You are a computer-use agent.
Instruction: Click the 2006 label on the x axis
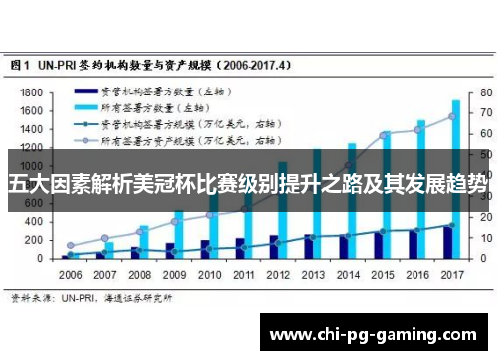pos(71,273)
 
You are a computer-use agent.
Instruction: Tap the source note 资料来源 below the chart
pos(27,297)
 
